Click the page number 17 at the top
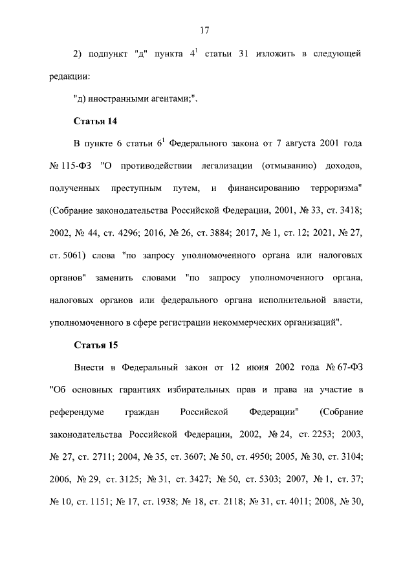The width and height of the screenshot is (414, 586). pos(206,29)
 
